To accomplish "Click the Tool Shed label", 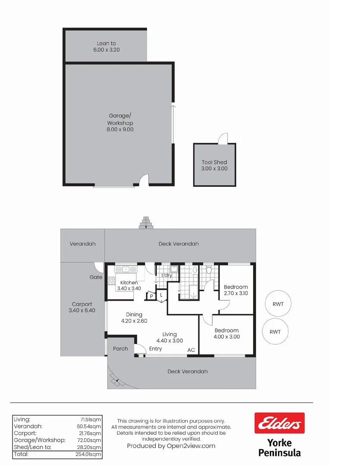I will (214, 162).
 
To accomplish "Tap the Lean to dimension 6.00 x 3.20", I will (106, 50).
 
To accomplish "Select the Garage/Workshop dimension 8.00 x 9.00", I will (120, 129).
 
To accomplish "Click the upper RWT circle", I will (278, 304).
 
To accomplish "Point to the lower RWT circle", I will (275, 332).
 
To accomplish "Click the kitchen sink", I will (125, 270).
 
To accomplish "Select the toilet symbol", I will (209, 270).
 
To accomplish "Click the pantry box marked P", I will (151, 296).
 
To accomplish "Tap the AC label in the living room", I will (191, 350).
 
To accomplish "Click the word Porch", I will (120, 348).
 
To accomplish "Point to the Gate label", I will (96, 277).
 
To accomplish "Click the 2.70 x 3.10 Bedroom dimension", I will (236, 293).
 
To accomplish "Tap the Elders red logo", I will (279, 423).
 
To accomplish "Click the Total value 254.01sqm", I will (91, 454).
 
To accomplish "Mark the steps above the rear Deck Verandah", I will (146, 223).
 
